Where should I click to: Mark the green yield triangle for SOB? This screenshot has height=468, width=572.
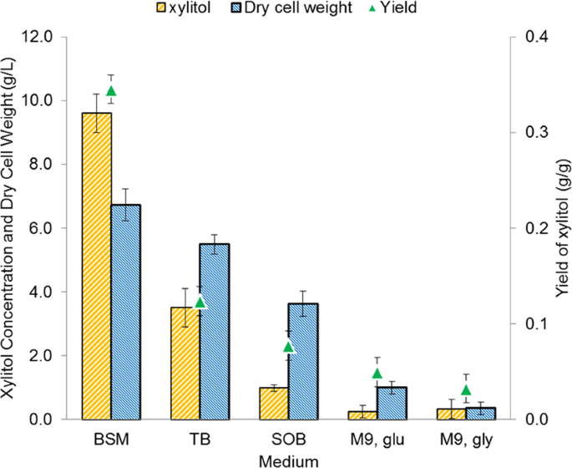coord(288,347)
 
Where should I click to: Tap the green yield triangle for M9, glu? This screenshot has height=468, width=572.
coord(377,374)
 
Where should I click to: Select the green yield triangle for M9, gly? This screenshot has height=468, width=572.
coord(465,389)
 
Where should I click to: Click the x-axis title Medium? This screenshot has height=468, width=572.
coord(288,459)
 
